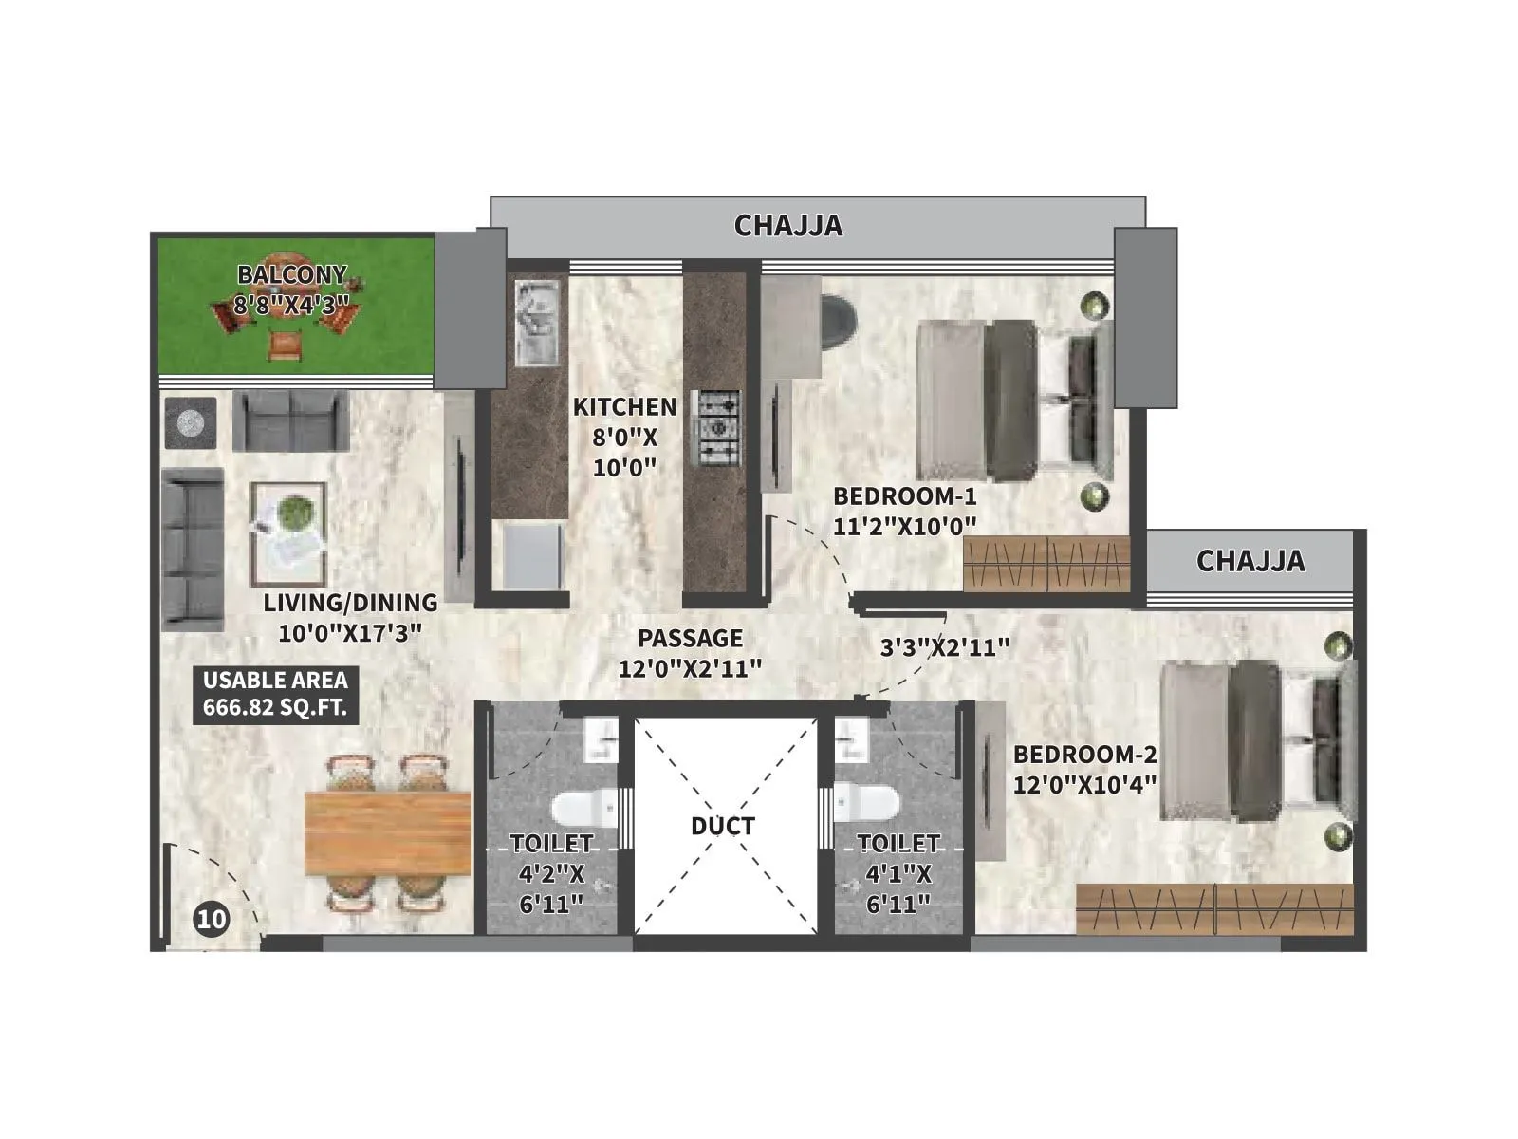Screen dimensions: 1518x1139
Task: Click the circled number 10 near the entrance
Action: (x=213, y=919)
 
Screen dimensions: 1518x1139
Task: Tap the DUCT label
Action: (x=723, y=826)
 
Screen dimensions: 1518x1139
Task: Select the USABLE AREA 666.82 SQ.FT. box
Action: (x=275, y=695)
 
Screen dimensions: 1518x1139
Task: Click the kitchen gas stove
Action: (x=720, y=428)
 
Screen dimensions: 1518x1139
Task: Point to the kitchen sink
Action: (x=537, y=322)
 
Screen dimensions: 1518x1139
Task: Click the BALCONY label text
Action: (x=292, y=274)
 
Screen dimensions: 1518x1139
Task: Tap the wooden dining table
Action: (x=388, y=833)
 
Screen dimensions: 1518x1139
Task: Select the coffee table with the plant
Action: (x=289, y=533)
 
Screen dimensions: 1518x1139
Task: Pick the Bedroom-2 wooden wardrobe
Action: (x=1215, y=908)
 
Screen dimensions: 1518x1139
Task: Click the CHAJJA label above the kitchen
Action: (x=788, y=226)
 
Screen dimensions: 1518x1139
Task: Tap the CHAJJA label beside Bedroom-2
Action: (x=1250, y=561)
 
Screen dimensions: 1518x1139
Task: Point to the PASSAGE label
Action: (x=690, y=638)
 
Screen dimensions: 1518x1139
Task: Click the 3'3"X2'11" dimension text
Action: (x=945, y=647)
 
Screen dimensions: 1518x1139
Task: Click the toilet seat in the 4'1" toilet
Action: (x=866, y=802)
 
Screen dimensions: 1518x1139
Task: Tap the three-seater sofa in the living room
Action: (x=193, y=550)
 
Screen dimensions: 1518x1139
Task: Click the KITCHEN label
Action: (x=624, y=406)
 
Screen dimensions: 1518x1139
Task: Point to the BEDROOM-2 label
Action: (x=1085, y=755)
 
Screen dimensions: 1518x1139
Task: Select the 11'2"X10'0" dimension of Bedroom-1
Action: (x=904, y=526)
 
